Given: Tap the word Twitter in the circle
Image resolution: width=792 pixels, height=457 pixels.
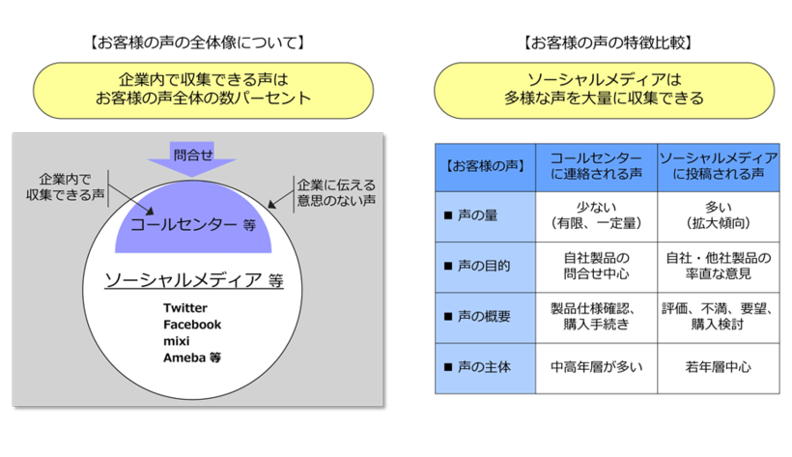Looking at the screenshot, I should pos(185,308).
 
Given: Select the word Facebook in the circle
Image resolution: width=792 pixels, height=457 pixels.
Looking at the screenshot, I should pos(192,325).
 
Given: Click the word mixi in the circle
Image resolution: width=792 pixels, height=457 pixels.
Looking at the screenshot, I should pos(178,341).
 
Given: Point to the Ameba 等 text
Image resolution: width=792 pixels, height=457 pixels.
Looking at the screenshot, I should pos(192,357).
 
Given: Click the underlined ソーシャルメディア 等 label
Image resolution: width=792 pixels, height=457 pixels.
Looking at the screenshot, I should pos(193,280).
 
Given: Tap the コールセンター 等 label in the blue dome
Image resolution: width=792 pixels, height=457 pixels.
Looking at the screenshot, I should pos(192,225).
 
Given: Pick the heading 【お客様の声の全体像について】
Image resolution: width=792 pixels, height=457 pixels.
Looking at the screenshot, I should pos(194,43).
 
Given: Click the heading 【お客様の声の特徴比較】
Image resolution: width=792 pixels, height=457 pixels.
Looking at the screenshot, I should pos(606,43).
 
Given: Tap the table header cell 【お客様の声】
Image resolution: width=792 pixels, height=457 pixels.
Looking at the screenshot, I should pos(485,165).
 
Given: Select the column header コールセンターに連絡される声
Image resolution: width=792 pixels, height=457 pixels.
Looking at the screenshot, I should pos(596,165).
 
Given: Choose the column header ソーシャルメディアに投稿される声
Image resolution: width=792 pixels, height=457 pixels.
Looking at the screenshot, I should pos(718,165).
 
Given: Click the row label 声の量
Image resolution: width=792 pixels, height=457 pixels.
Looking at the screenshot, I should pos(477,214).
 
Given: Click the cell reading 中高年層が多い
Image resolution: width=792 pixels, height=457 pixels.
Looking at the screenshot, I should pos(596,367).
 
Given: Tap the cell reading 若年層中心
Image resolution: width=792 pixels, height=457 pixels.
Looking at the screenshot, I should pos(718,367).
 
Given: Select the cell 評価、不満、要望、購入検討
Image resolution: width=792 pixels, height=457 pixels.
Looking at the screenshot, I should pos(718,316).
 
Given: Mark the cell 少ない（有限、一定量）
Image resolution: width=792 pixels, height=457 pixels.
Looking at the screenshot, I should pos(596,214).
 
